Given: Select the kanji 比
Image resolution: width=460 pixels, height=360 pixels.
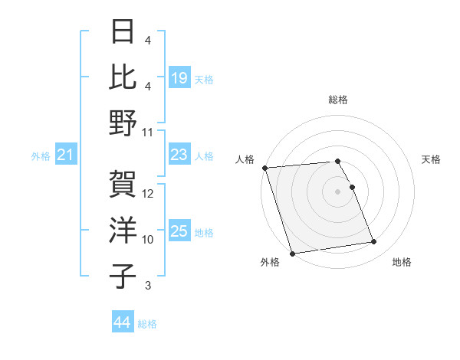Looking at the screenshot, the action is pyautogui.click(x=124, y=77).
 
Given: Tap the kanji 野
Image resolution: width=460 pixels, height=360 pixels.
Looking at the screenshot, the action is pyautogui.click(x=124, y=122).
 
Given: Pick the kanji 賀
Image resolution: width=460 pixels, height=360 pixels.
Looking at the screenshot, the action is pyautogui.click(x=124, y=185).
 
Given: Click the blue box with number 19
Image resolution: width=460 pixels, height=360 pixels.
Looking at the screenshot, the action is pyautogui.click(x=179, y=77).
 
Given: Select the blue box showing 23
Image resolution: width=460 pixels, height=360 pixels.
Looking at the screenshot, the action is pyautogui.click(x=179, y=155).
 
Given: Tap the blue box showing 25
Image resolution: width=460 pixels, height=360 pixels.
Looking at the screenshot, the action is pyautogui.click(x=179, y=231).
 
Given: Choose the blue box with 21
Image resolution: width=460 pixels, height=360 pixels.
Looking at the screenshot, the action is pyautogui.click(x=66, y=155).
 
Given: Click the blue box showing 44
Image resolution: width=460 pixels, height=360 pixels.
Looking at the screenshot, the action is pyautogui.click(x=123, y=322).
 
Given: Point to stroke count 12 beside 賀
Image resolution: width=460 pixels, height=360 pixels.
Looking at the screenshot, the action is pyautogui.click(x=149, y=194).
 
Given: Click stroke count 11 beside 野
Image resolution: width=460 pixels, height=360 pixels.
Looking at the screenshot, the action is pyautogui.click(x=149, y=132).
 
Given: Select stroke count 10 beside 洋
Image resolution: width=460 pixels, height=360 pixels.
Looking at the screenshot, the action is pyautogui.click(x=149, y=239).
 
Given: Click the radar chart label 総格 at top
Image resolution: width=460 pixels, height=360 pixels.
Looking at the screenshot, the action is pyautogui.click(x=338, y=100).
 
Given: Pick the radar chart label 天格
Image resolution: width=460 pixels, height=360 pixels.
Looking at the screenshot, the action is pyautogui.click(x=431, y=159).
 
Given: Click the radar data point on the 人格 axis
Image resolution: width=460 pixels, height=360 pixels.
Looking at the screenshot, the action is pyautogui.click(x=264, y=168).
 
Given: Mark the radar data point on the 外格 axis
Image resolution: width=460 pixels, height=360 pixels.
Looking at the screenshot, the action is pyautogui.click(x=293, y=254).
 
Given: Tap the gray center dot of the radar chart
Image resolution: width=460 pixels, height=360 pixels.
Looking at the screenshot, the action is pyautogui.click(x=338, y=191).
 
